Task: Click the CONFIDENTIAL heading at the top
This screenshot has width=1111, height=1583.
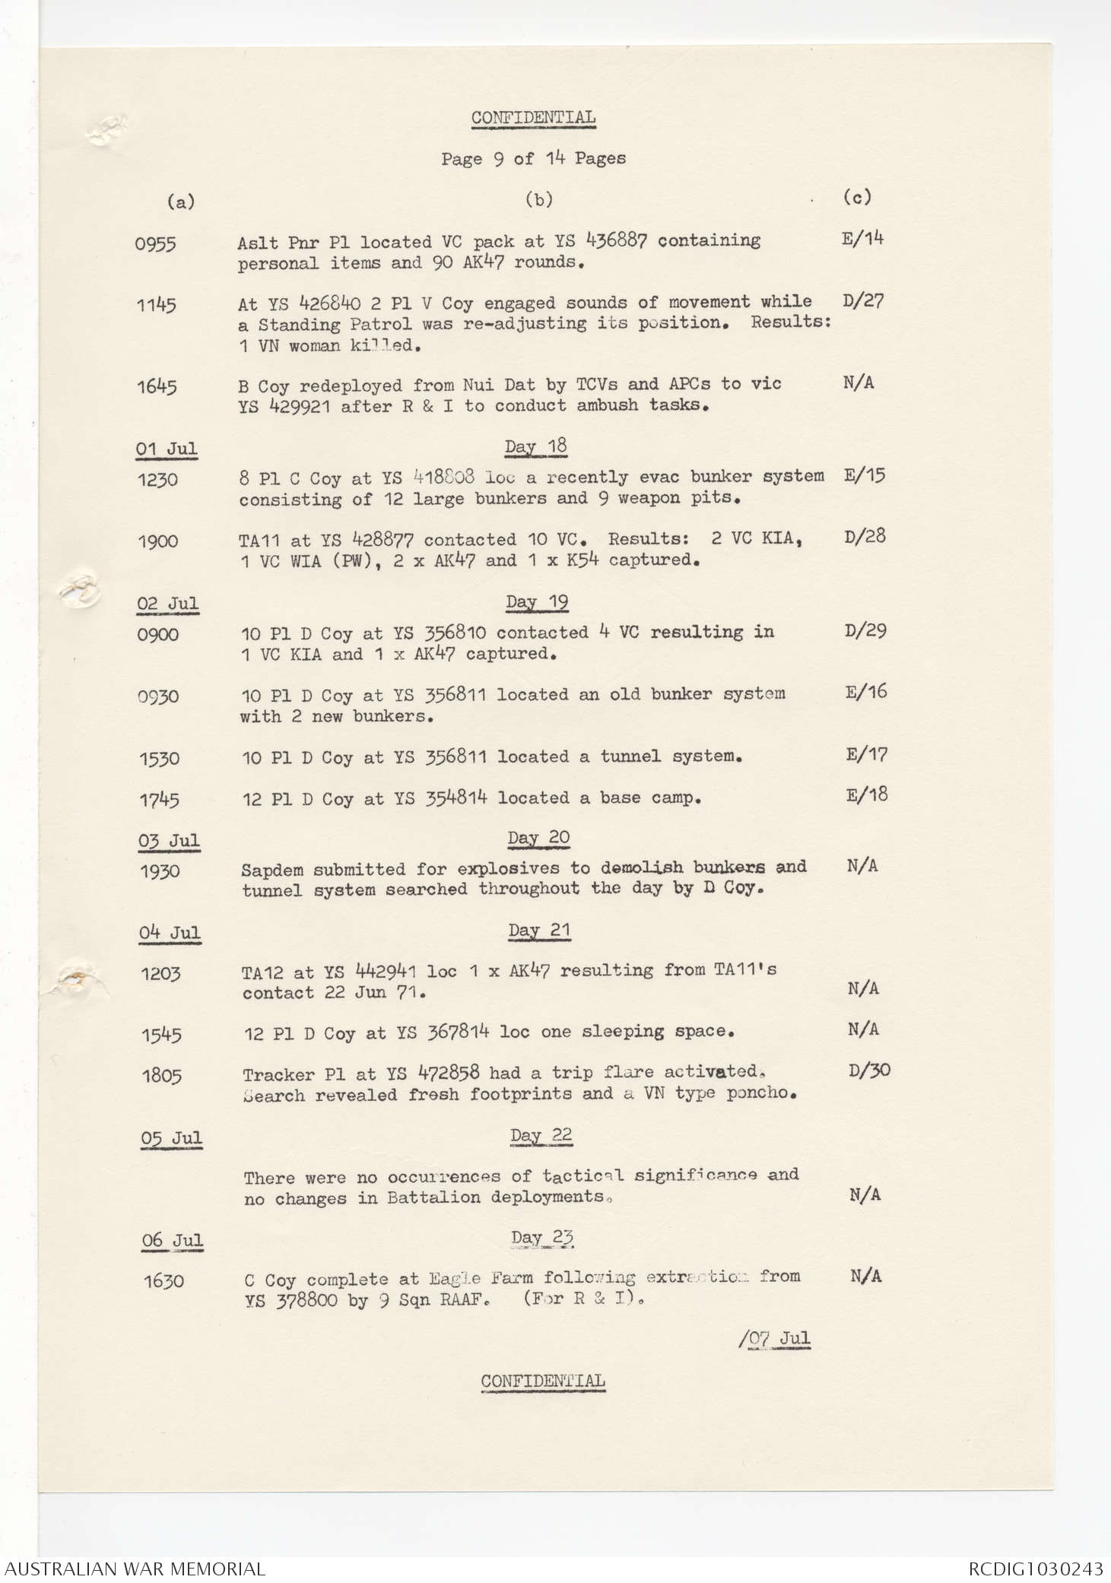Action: [533, 118]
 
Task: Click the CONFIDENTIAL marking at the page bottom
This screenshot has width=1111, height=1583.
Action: [543, 1381]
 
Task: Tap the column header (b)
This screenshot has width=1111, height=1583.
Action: [539, 200]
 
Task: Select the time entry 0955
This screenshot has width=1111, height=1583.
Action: [155, 244]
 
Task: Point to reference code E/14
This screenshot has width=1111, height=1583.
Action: [862, 239]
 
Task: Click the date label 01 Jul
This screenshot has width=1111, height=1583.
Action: [167, 449]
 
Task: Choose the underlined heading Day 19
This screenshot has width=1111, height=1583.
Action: [537, 602]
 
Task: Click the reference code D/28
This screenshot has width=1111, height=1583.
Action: [865, 537]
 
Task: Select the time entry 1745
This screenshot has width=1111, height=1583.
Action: [159, 800]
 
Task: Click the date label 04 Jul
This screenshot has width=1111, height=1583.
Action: [170, 933]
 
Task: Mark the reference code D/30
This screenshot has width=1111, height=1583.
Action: [868, 1071]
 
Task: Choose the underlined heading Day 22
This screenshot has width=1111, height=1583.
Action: [541, 1135]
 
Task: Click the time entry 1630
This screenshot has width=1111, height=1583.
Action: [163, 1281]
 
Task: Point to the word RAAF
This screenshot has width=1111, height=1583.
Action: [464, 1299]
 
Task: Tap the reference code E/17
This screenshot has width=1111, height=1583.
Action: [866, 754]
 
